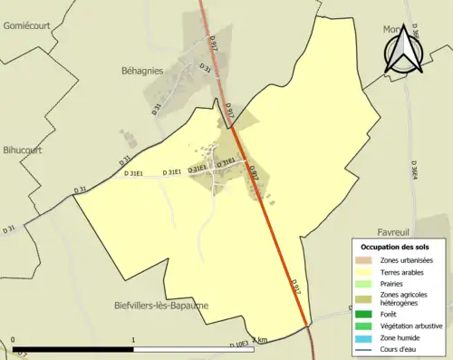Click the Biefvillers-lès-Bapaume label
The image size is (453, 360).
162,306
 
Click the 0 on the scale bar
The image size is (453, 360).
13,340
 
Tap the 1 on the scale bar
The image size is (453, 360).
134,340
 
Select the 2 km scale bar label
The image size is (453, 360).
259,340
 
